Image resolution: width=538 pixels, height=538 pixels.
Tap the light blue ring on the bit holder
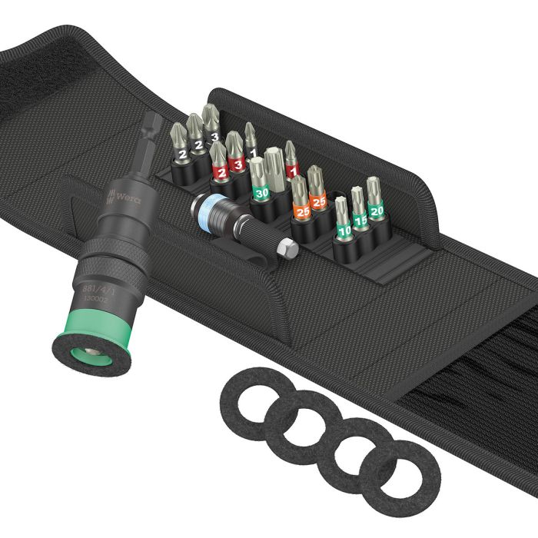[204, 208]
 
